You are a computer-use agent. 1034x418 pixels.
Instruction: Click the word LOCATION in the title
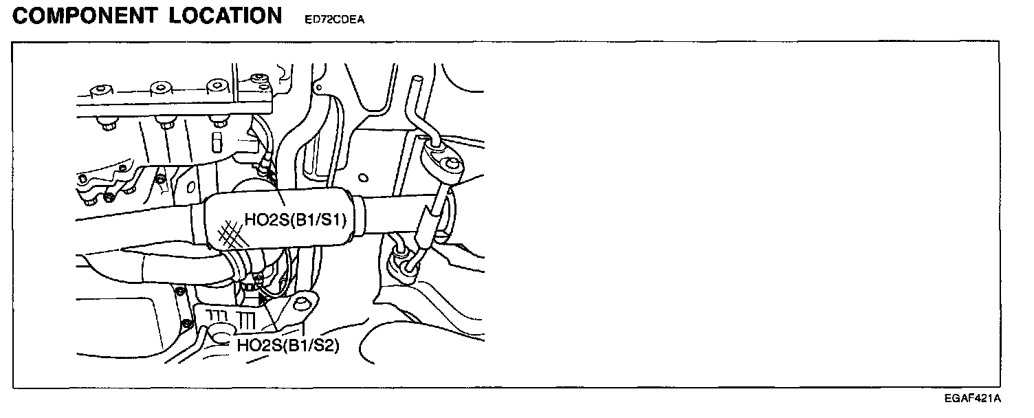226,16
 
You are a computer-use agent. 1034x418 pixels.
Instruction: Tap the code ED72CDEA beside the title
333,20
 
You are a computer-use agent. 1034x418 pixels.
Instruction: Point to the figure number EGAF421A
972,398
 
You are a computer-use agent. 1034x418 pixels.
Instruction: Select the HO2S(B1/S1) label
294,221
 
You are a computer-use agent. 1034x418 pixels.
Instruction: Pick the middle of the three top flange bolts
160,87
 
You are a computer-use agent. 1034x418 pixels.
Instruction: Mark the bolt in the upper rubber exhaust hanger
451,164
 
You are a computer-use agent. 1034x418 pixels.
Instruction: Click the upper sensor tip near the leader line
264,166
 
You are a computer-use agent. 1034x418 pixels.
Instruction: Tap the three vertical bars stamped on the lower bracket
247,320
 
